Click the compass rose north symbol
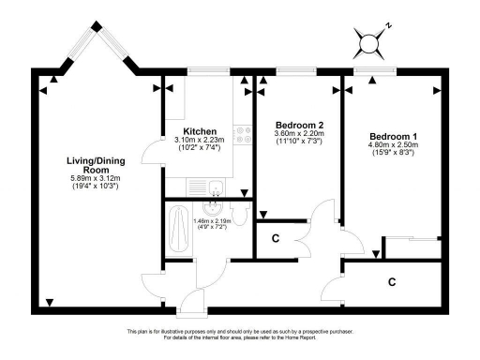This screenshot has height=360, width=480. (x=369, y=42)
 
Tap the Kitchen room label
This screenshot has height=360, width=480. (x=201, y=131)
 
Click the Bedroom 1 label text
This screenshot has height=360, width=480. (x=392, y=134)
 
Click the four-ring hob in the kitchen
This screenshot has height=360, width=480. (x=241, y=136)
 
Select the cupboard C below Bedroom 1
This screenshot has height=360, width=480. (x=392, y=279)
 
